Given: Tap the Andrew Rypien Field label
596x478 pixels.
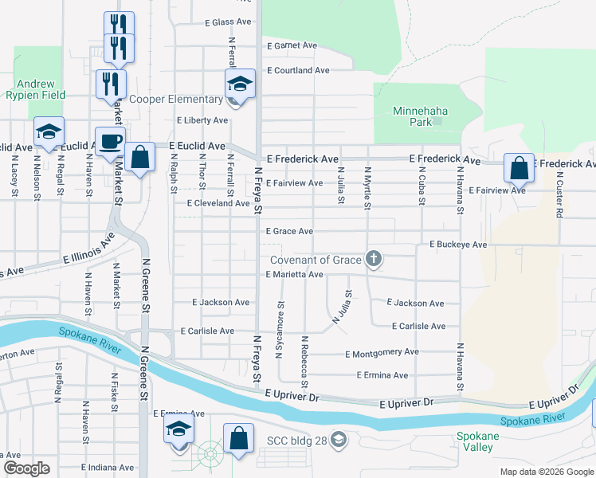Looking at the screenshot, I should coord(37,89).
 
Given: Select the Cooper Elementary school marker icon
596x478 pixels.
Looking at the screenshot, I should coord(238,84).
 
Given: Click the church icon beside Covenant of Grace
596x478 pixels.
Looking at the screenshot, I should coord(372,259).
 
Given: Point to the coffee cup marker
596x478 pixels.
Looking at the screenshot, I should coord(110,143).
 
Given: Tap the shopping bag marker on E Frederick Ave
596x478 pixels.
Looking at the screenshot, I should coord(519,169).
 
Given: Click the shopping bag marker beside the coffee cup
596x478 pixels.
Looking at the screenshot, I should coord(139,158).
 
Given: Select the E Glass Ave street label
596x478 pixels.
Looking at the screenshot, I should coord(228,22).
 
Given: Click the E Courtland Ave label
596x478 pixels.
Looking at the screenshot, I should coord(298,70).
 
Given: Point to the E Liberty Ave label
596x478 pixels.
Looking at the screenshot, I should coord(202,120).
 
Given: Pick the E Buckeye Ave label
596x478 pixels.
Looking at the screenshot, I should coord(457,245).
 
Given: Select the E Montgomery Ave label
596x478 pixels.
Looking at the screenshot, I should coord(381,352).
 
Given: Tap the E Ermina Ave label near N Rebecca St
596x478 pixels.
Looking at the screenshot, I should coord(382,375).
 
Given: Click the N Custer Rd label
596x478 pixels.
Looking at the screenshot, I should coord(559,195).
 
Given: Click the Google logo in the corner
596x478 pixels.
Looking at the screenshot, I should coord(26,468).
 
